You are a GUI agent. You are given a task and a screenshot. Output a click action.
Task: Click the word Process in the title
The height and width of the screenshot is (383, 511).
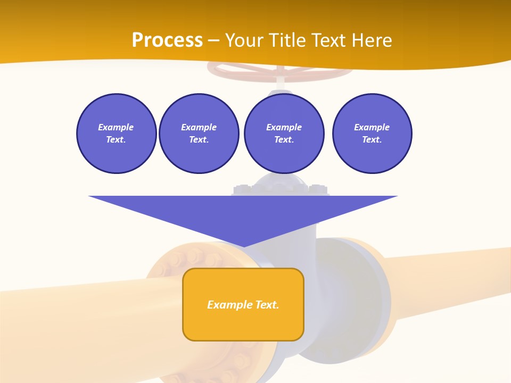[167, 40]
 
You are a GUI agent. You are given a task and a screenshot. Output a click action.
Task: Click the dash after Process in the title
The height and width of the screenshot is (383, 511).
[213, 41]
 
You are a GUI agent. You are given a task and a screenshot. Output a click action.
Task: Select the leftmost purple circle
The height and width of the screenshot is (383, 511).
[116, 134]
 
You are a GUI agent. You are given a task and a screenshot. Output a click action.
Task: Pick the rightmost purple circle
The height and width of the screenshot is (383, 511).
[372, 134]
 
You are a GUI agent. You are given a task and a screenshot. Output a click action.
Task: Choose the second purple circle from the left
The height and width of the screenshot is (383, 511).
[199, 134]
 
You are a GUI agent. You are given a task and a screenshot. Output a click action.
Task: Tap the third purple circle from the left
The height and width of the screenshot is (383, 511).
[284, 134]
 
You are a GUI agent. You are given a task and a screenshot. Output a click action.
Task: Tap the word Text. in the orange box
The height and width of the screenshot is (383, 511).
[267, 305]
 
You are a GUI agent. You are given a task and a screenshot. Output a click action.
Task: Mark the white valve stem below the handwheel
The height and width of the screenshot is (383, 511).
[280, 82]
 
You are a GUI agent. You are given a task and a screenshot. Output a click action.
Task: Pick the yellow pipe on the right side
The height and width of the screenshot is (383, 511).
[452, 282]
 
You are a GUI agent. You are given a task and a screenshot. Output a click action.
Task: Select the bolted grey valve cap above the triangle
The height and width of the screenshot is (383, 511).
[281, 186]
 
